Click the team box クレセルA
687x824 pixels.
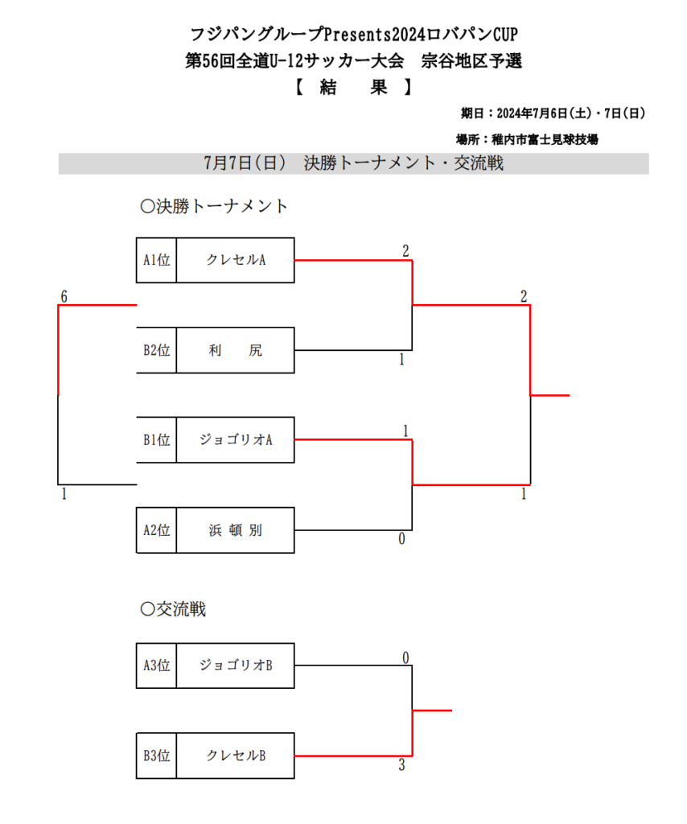[x=236, y=260]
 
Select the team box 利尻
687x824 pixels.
[x=236, y=350]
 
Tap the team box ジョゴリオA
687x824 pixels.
[x=236, y=440]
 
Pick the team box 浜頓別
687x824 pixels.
[x=236, y=530]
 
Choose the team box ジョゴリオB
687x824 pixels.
[x=236, y=665]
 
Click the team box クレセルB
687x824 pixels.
[x=236, y=756]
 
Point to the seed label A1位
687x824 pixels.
[x=157, y=260]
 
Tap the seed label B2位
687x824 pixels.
[x=157, y=350]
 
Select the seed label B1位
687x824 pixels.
[x=157, y=440]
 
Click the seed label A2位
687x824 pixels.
[x=157, y=530]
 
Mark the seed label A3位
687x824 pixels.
[x=157, y=665]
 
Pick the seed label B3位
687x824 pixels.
[x=157, y=756]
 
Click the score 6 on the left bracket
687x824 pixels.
[x=64, y=297]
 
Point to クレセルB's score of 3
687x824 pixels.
[x=401, y=765]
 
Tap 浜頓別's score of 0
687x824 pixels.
[x=401, y=539]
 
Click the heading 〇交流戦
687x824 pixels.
[x=173, y=609]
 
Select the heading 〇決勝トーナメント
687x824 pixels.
[x=214, y=206]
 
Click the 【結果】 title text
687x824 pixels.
[x=353, y=87]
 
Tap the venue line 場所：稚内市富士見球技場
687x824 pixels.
[x=528, y=139]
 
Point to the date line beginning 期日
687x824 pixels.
[x=553, y=113]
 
